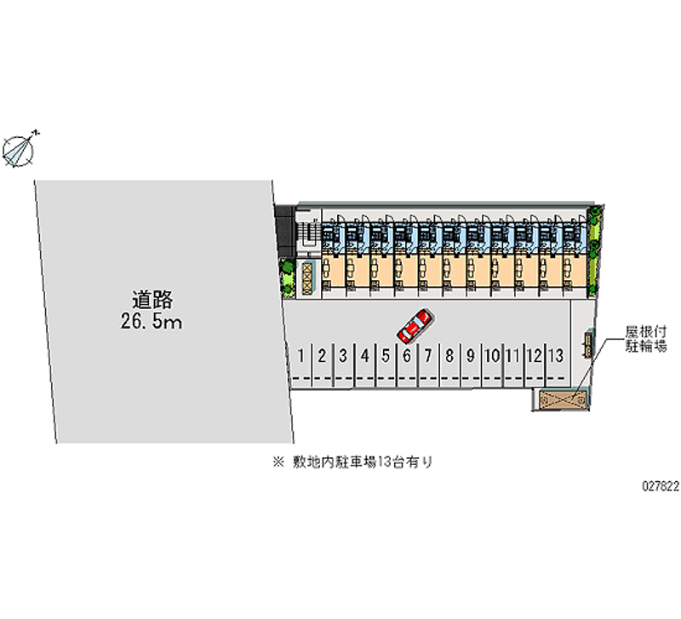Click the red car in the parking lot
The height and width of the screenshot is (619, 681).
415,324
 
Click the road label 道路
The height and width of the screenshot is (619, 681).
152,300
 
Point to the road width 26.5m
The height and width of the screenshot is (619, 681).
152,322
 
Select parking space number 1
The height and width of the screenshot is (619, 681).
300,356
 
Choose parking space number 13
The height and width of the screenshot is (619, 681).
556,355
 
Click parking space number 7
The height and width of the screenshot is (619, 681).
428,356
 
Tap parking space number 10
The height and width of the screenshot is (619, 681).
491,356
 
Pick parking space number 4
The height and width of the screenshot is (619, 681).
364,356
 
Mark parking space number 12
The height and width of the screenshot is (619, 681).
534,356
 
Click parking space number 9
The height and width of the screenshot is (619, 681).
470,356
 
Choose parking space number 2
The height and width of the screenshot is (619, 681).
322,356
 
